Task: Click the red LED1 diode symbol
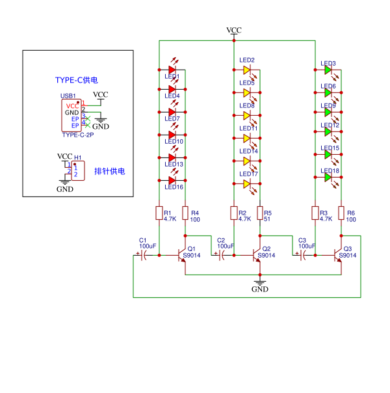point(172,68)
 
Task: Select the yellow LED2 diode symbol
point(247,69)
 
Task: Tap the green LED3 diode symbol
point(328,69)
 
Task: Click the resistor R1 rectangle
point(159,213)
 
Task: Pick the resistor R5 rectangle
point(260,213)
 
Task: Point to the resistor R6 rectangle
point(341,213)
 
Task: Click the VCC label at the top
point(234,31)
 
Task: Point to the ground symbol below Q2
point(260,284)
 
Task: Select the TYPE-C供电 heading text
point(77,80)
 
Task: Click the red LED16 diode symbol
point(172,180)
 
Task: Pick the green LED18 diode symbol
point(328,177)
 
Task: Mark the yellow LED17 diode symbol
point(247,184)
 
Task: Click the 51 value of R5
point(267,219)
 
